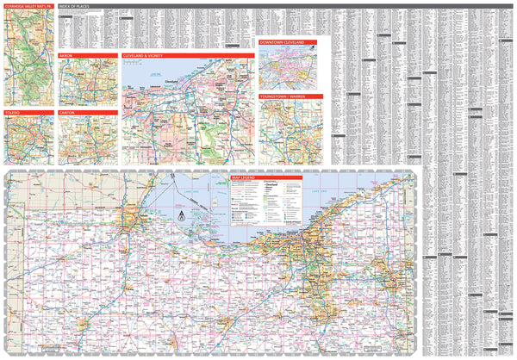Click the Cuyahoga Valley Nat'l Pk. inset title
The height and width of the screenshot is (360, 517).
click(28, 6)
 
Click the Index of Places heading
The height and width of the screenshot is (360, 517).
click(78, 6)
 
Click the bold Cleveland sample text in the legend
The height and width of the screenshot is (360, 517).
click(271, 184)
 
